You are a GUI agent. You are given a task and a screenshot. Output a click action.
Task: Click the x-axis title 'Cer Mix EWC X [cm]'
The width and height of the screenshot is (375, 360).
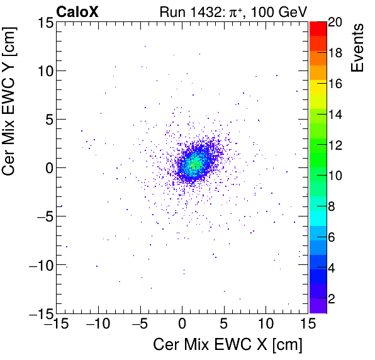(x=228, y=345)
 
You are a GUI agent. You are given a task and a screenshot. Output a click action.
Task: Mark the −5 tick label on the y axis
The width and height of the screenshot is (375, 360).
(x=40, y=217)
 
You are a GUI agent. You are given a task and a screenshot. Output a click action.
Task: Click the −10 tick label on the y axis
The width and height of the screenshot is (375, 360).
(x=37, y=265)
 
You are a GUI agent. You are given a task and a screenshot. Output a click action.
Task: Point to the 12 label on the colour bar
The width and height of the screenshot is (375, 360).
(x=336, y=145)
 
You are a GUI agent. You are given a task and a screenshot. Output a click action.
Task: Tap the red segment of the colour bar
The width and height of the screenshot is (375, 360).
(x=318, y=28)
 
